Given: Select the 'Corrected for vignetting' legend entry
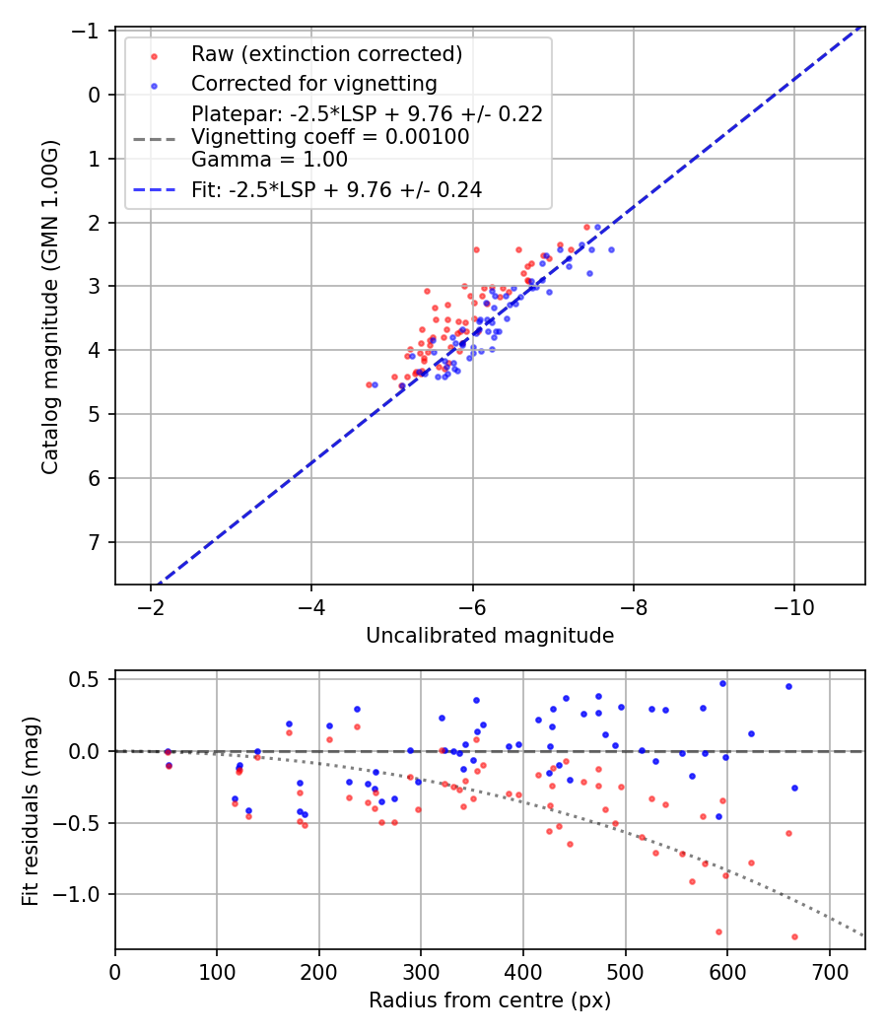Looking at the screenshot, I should point(313,83).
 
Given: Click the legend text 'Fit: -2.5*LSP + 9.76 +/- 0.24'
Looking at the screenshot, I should point(336,190).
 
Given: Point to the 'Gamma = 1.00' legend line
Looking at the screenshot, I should point(269,160).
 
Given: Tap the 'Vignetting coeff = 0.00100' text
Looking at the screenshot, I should point(330,137).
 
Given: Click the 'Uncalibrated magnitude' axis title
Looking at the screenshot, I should point(490,636).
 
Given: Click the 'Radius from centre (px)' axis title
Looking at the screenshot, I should point(490,1000).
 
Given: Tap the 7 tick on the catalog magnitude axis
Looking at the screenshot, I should point(96,542).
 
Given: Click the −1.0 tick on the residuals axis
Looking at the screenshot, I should point(82,894).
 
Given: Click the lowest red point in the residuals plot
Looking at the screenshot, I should point(794,936).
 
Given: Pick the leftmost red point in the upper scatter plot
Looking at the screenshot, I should point(369,384).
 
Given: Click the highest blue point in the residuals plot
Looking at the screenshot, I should point(722,682).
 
